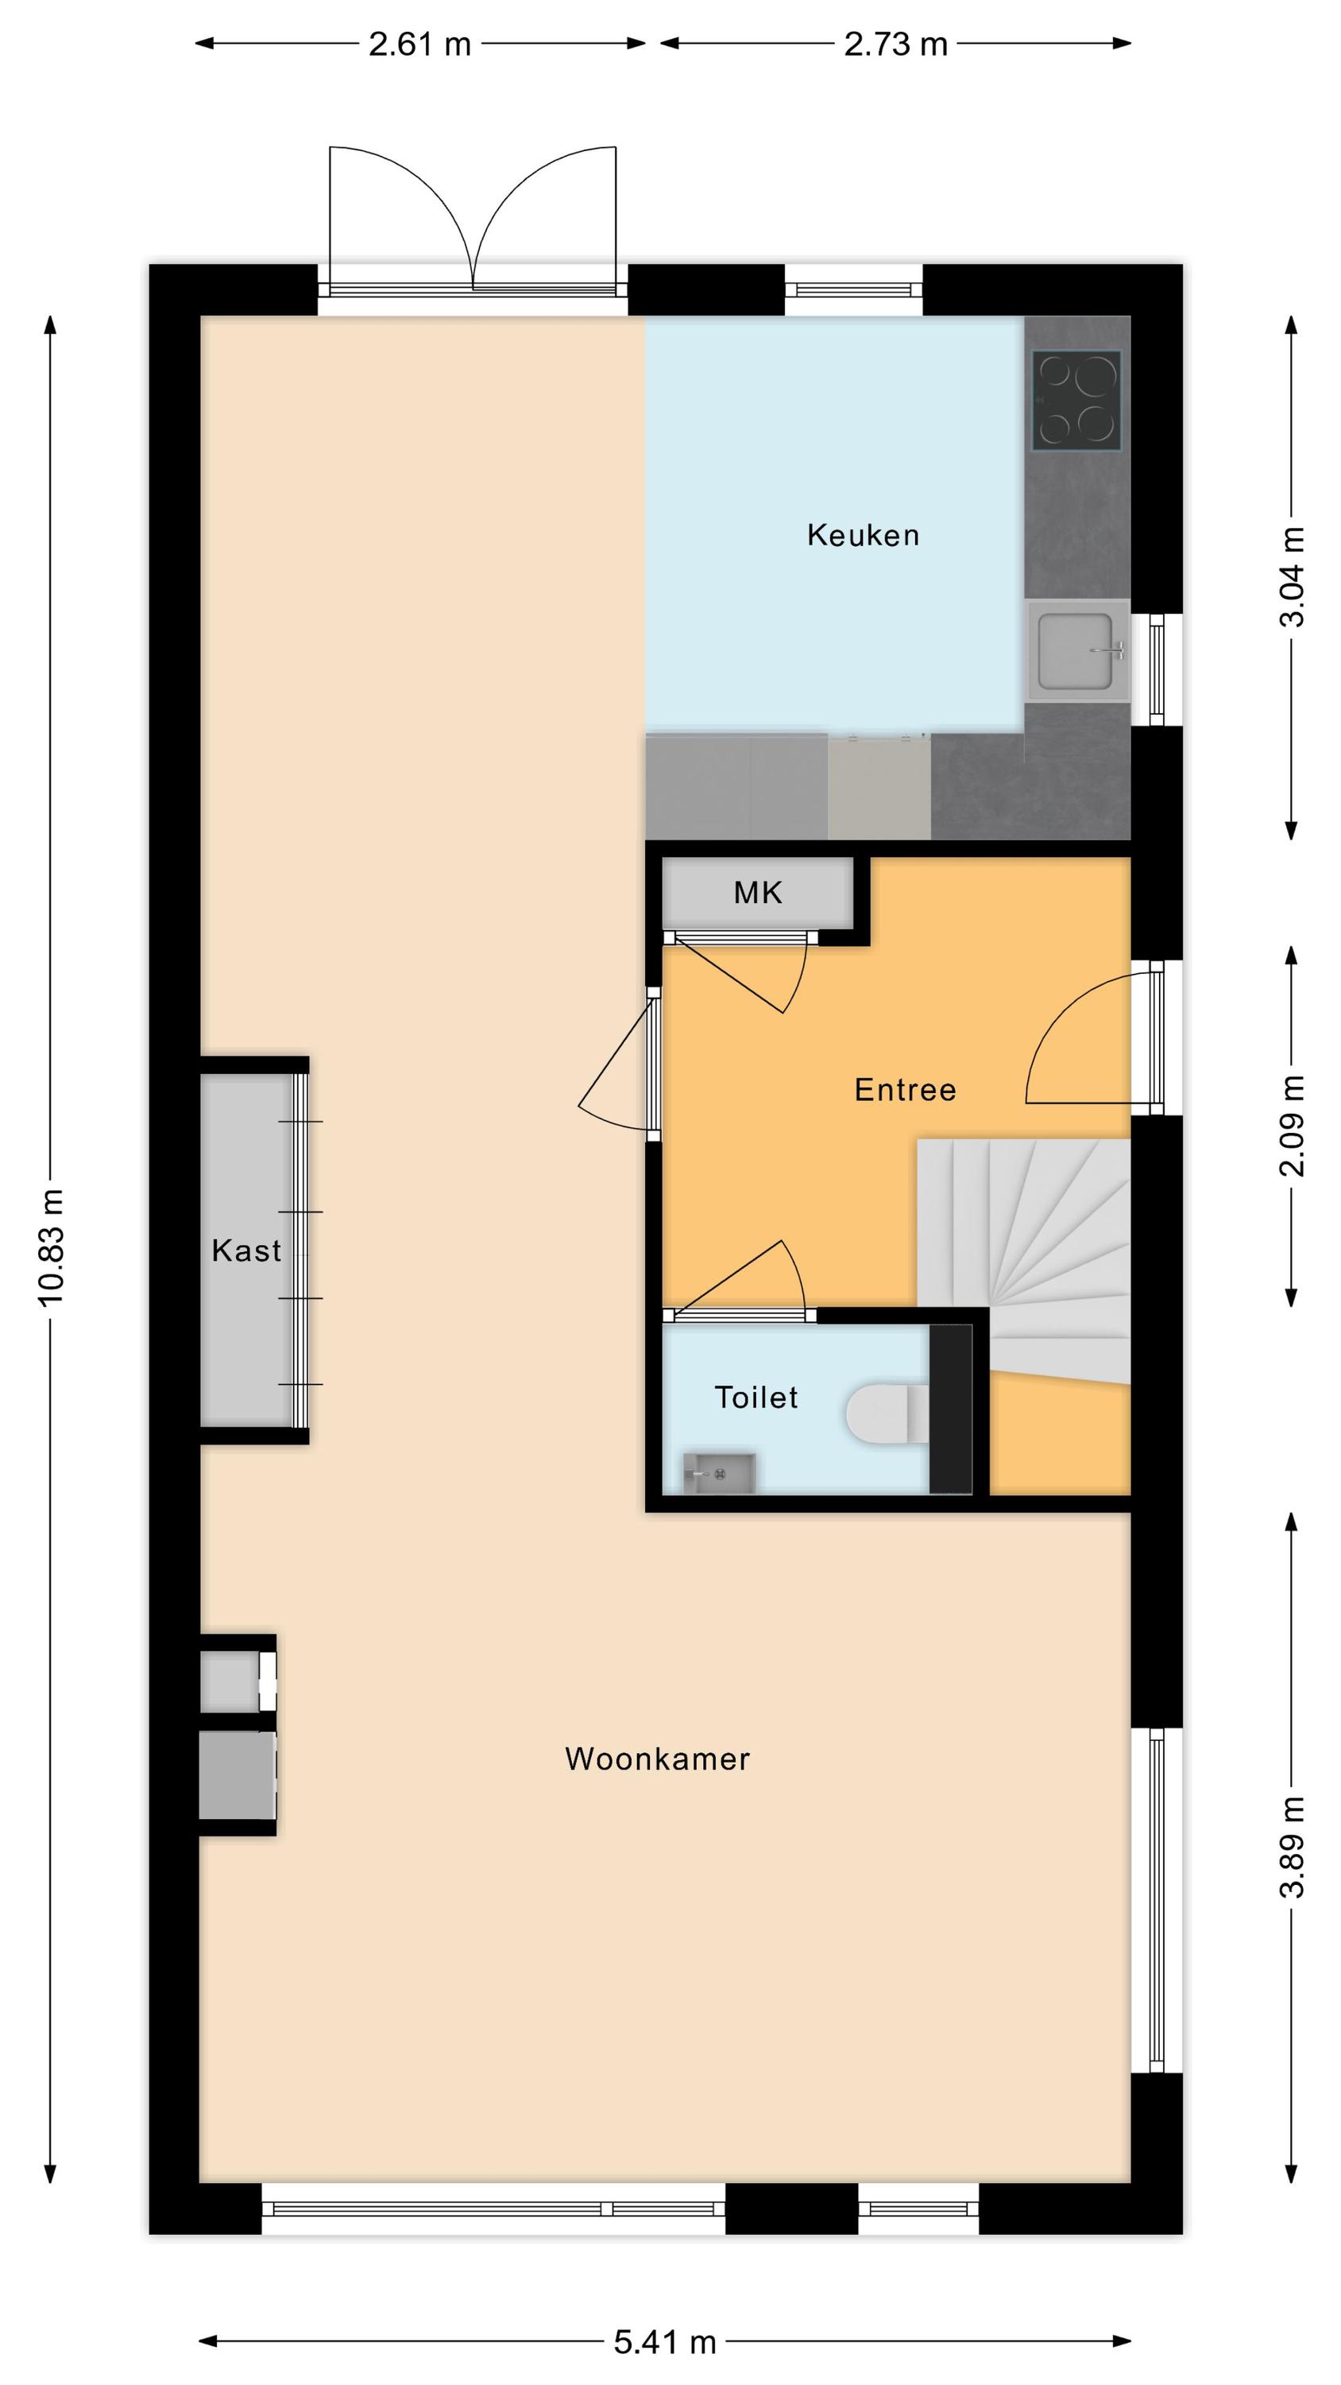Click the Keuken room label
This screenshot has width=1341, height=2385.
[x=863, y=535]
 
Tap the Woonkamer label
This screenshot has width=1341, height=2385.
[x=657, y=1759]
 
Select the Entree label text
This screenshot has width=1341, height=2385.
[x=905, y=1090]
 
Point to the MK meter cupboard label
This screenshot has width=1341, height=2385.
[x=758, y=893]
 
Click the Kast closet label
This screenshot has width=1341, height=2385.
[x=246, y=1251]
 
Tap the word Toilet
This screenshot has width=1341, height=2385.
[x=756, y=1397]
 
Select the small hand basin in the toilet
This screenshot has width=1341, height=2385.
[x=719, y=1473]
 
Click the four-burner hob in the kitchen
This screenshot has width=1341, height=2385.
[x=1076, y=401]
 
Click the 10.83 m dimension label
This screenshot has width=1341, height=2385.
[x=51, y=1248]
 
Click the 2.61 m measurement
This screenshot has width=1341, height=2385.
[x=420, y=45]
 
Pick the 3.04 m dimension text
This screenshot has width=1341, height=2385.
[x=1292, y=577]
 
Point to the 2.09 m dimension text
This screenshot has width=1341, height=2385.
[x=1292, y=1126]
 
